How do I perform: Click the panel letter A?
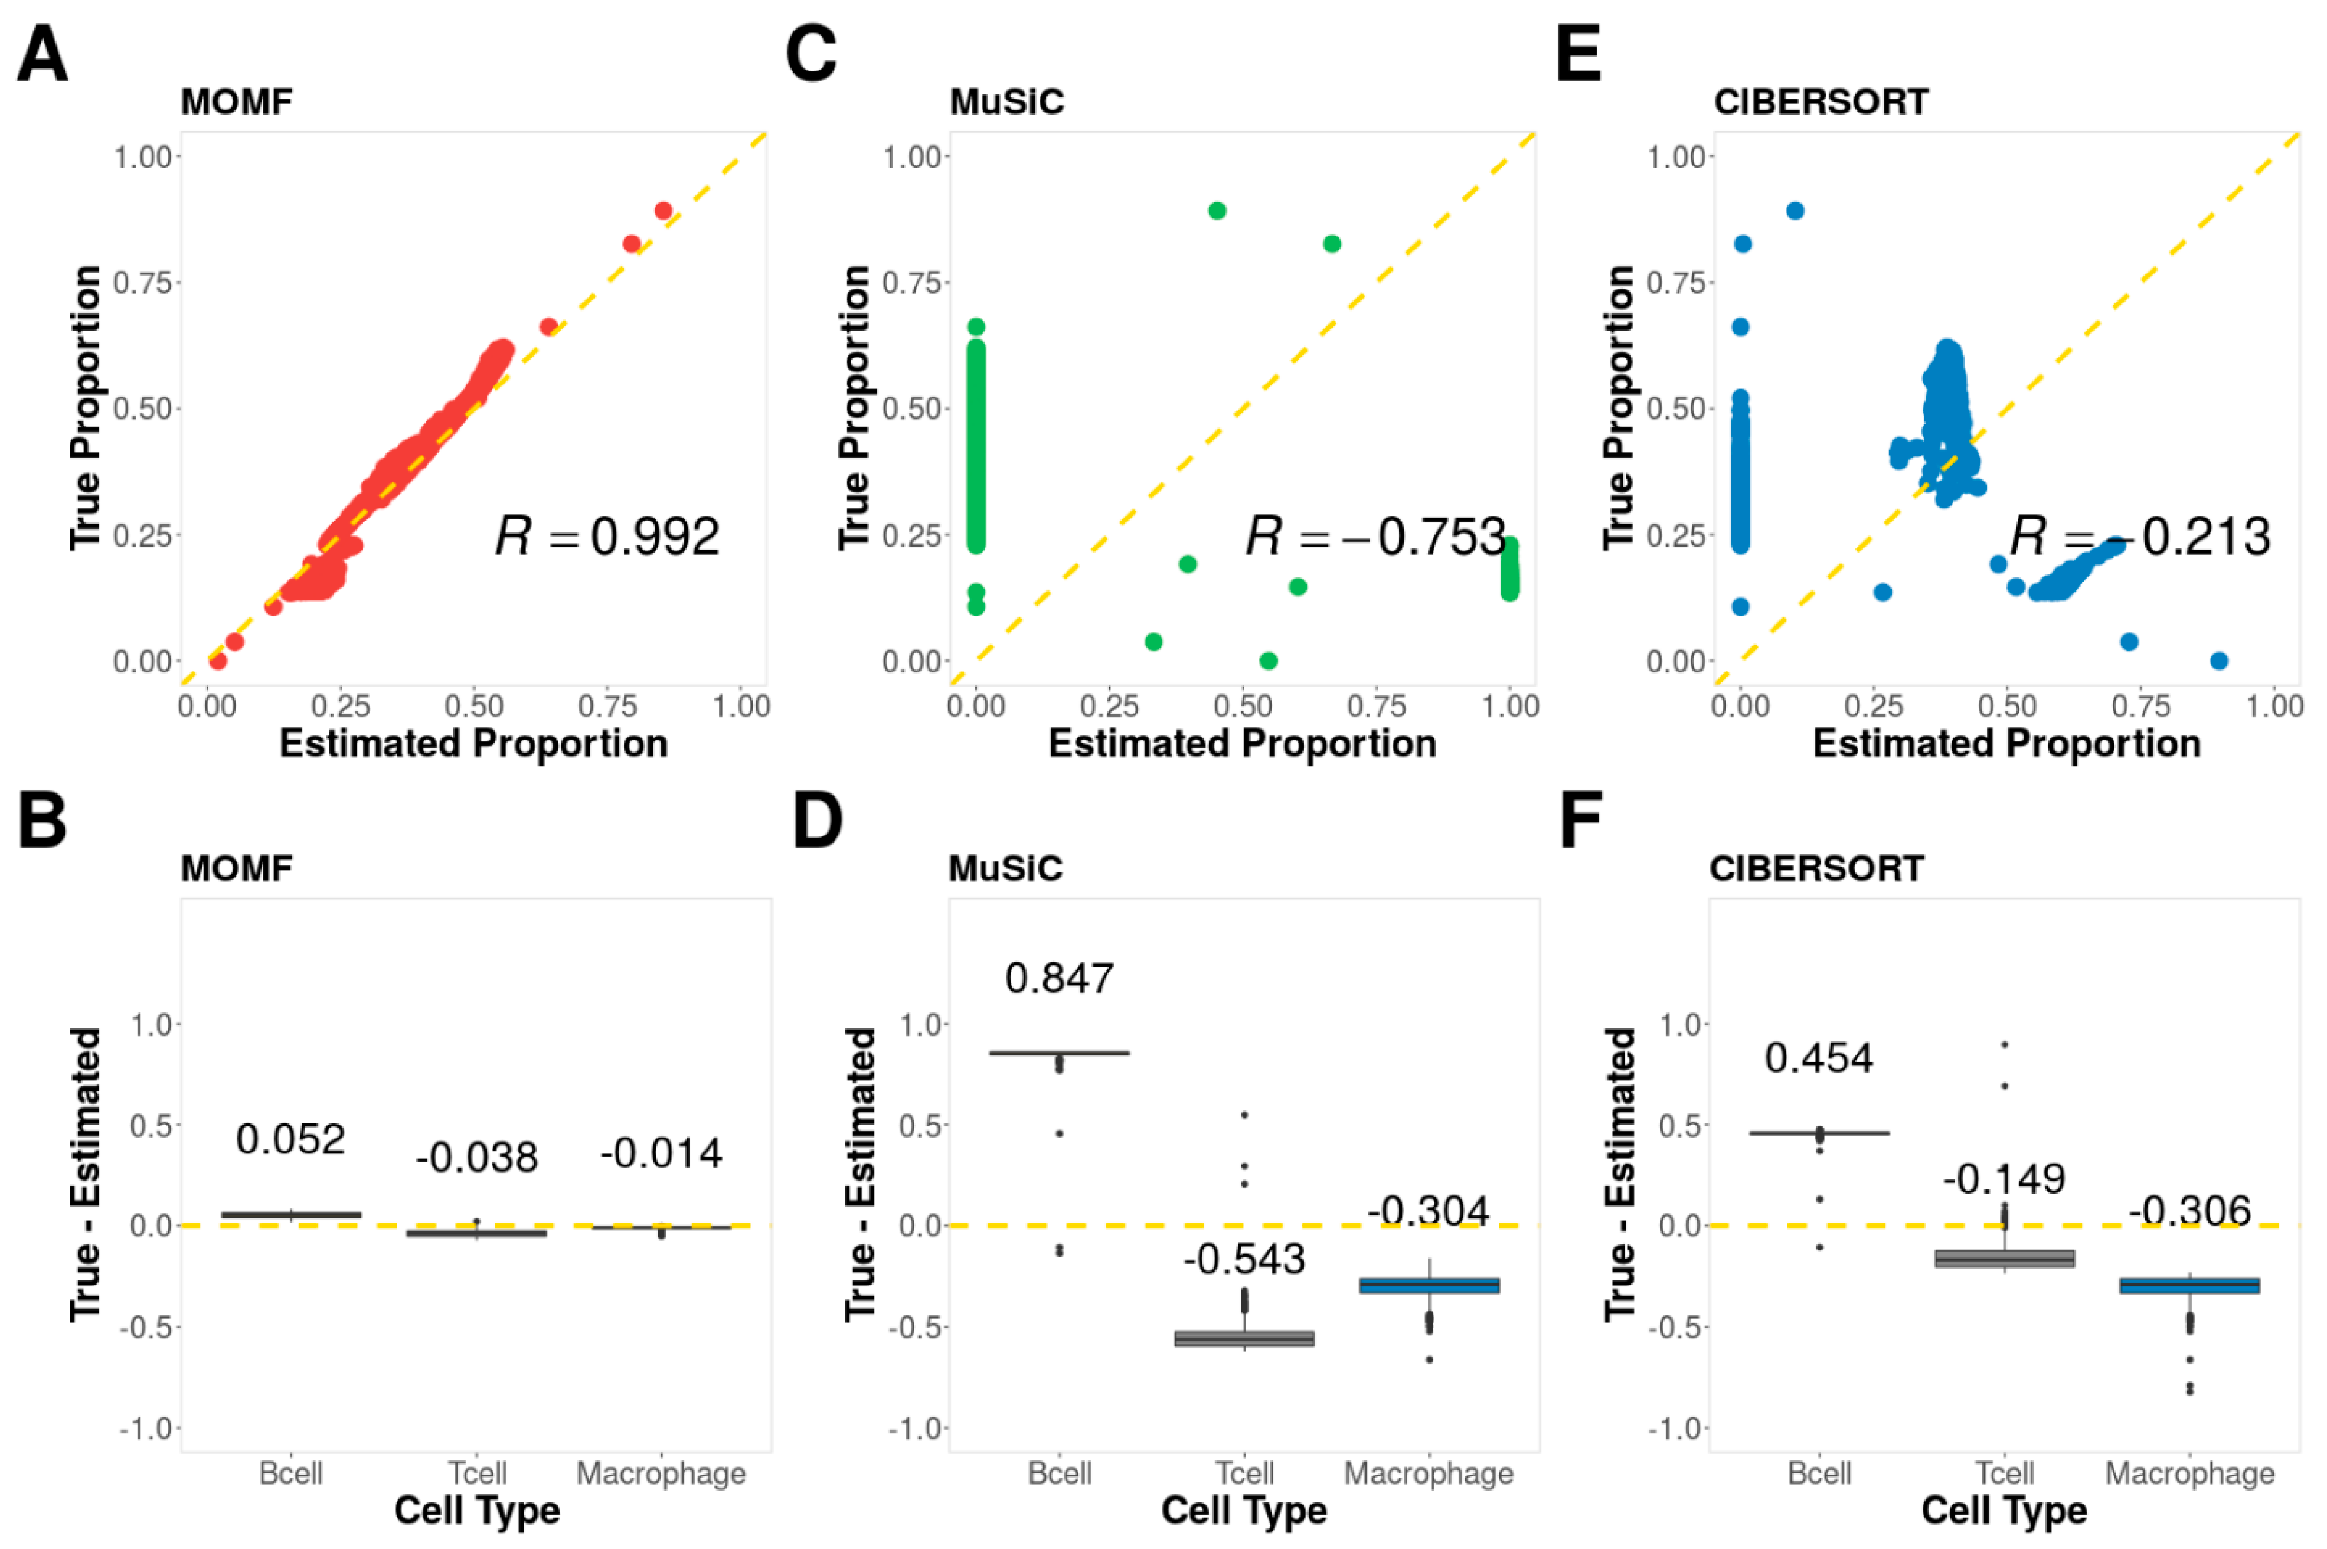(43, 54)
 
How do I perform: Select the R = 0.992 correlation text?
(606, 537)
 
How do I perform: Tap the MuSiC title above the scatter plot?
(1006, 102)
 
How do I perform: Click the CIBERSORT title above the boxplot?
(1816, 868)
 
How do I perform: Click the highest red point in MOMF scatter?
(664, 210)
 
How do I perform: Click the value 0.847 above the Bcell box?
(1059, 978)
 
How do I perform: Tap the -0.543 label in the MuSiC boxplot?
(1244, 1259)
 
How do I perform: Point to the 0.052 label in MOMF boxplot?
(290, 1139)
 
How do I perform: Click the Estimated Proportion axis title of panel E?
(2006, 743)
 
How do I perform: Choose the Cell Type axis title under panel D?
(1244, 1511)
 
